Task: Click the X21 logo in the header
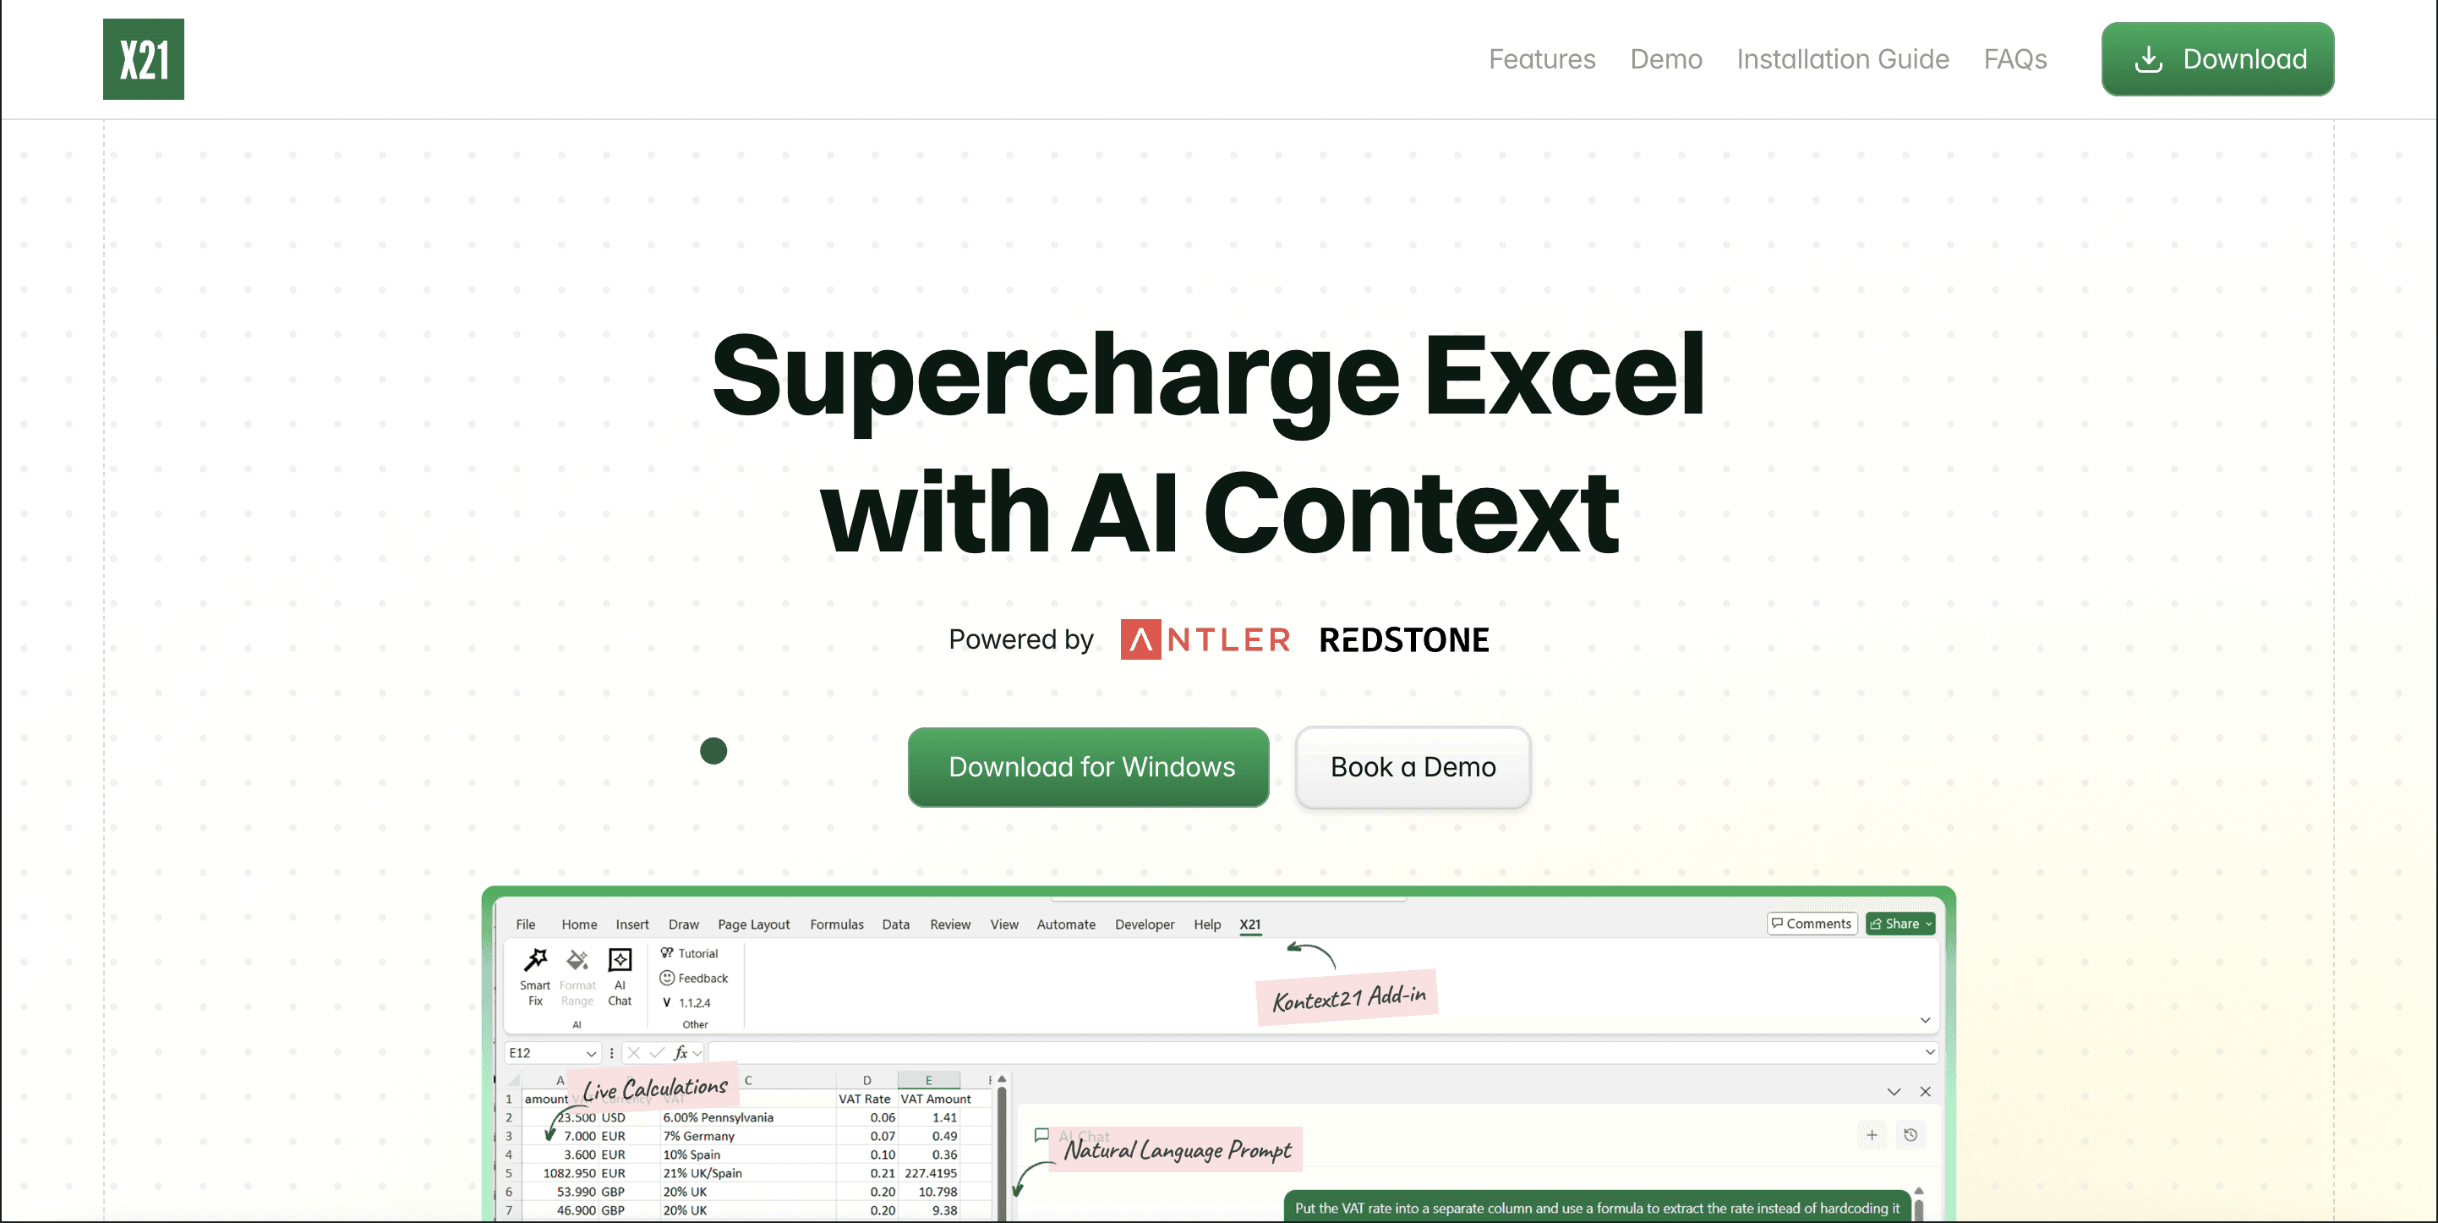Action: [x=143, y=58]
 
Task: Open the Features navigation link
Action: [x=1541, y=58]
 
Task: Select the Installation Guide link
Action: [x=1842, y=58]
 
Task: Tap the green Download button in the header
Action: [x=2217, y=58]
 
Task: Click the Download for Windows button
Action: [x=1089, y=767]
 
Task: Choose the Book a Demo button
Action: [x=1412, y=767]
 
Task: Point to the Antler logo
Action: [x=1205, y=640]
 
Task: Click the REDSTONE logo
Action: [x=1403, y=640]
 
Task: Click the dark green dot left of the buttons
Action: [x=713, y=751]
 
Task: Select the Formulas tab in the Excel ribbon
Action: [x=837, y=924]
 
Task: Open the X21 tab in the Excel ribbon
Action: [x=1249, y=924]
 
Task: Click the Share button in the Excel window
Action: [x=1900, y=923]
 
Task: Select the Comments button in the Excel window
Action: [x=1812, y=923]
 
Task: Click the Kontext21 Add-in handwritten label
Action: [x=1347, y=998]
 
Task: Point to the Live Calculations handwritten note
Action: [x=654, y=1088]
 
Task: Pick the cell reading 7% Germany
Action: [x=698, y=1136]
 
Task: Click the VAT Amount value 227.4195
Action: [x=931, y=1173]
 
